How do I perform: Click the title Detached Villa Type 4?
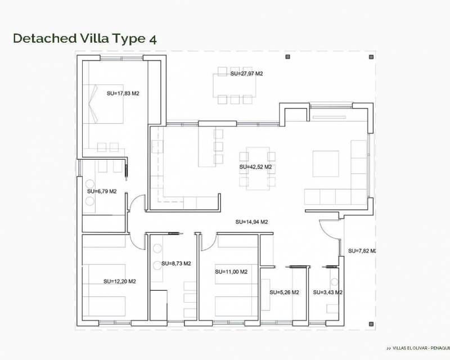(x=84, y=38)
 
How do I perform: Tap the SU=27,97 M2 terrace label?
(x=247, y=74)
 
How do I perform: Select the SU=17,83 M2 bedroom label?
(x=123, y=93)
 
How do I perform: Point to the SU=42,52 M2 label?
(x=255, y=167)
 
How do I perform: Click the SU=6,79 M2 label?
(x=102, y=191)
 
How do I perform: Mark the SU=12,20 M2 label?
(x=120, y=281)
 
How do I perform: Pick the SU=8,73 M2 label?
(x=176, y=263)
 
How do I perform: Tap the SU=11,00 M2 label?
(x=231, y=272)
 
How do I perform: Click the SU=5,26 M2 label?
(x=284, y=292)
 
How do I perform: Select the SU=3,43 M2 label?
(x=328, y=292)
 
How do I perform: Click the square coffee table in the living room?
(x=326, y=164)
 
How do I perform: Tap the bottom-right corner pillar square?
(x=370, y=323)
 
